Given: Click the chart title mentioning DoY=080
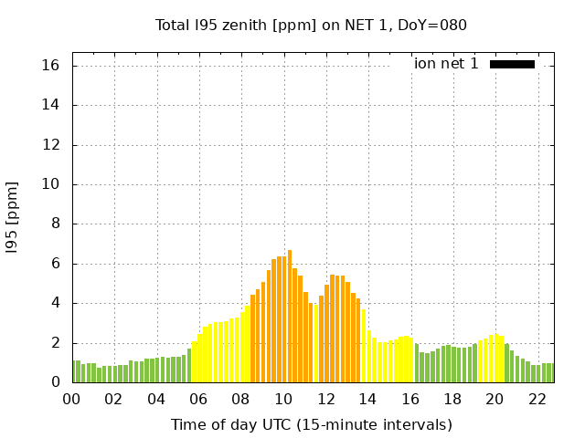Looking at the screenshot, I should pyautogui.click(x=311, y=25).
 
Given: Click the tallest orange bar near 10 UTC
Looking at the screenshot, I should pyautogui.click(x=290, y=316).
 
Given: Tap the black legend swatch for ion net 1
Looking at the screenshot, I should pyautogui.click(x=512, y=64).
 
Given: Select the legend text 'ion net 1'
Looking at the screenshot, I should pyautogui.click(x=446, y=64).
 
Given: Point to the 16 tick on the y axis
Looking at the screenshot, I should pyautogui.click(x=50, y=66).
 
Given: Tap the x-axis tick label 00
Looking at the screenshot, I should pyautogui.click(x=72, y=400).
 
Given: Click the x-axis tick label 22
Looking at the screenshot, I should pyautogui.click(x=537, y=400).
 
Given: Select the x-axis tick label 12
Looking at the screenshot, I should pyautogui.click(x=326, y=400).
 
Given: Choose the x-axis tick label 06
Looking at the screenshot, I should pyautogui.click(x=199, y=400).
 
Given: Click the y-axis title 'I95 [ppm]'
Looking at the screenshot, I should pyautogui.click(x=13, y=217).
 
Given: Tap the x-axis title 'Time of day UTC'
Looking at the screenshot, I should pyautogui.click(x=311, y=424).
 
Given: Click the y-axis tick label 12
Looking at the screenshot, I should pyautogui.click(x=50, y=145).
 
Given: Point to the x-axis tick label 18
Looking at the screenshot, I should pyautogui.click(x=452, y=400).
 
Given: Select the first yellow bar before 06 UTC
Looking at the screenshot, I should pyautogui.click(x=195, y=361).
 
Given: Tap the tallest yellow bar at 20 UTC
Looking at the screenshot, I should pyautogui.click(x=496, y=359).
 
